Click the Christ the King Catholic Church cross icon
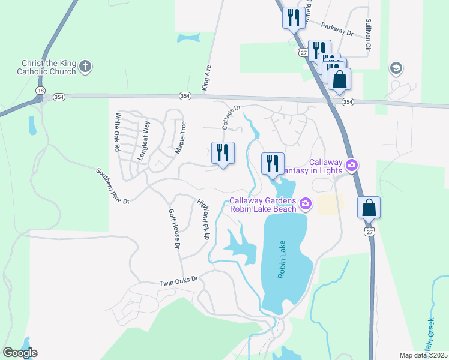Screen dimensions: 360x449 pos(85,67)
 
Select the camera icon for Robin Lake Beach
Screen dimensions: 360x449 pos(306,205)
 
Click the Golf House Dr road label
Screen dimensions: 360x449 pos(175,229)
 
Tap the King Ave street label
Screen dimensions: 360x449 pos(208,79)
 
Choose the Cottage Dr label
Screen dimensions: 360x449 pos(231,118)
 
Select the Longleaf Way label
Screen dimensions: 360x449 pos(143,140)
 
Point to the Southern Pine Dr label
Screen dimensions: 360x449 pos(113,186)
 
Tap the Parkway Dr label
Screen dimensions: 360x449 pos(337,29)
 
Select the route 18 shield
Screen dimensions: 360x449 pos(40,90)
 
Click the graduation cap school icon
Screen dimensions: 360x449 pos(396,68)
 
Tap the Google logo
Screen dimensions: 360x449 pos(20,353)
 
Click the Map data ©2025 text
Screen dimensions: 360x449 pos(423,355)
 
